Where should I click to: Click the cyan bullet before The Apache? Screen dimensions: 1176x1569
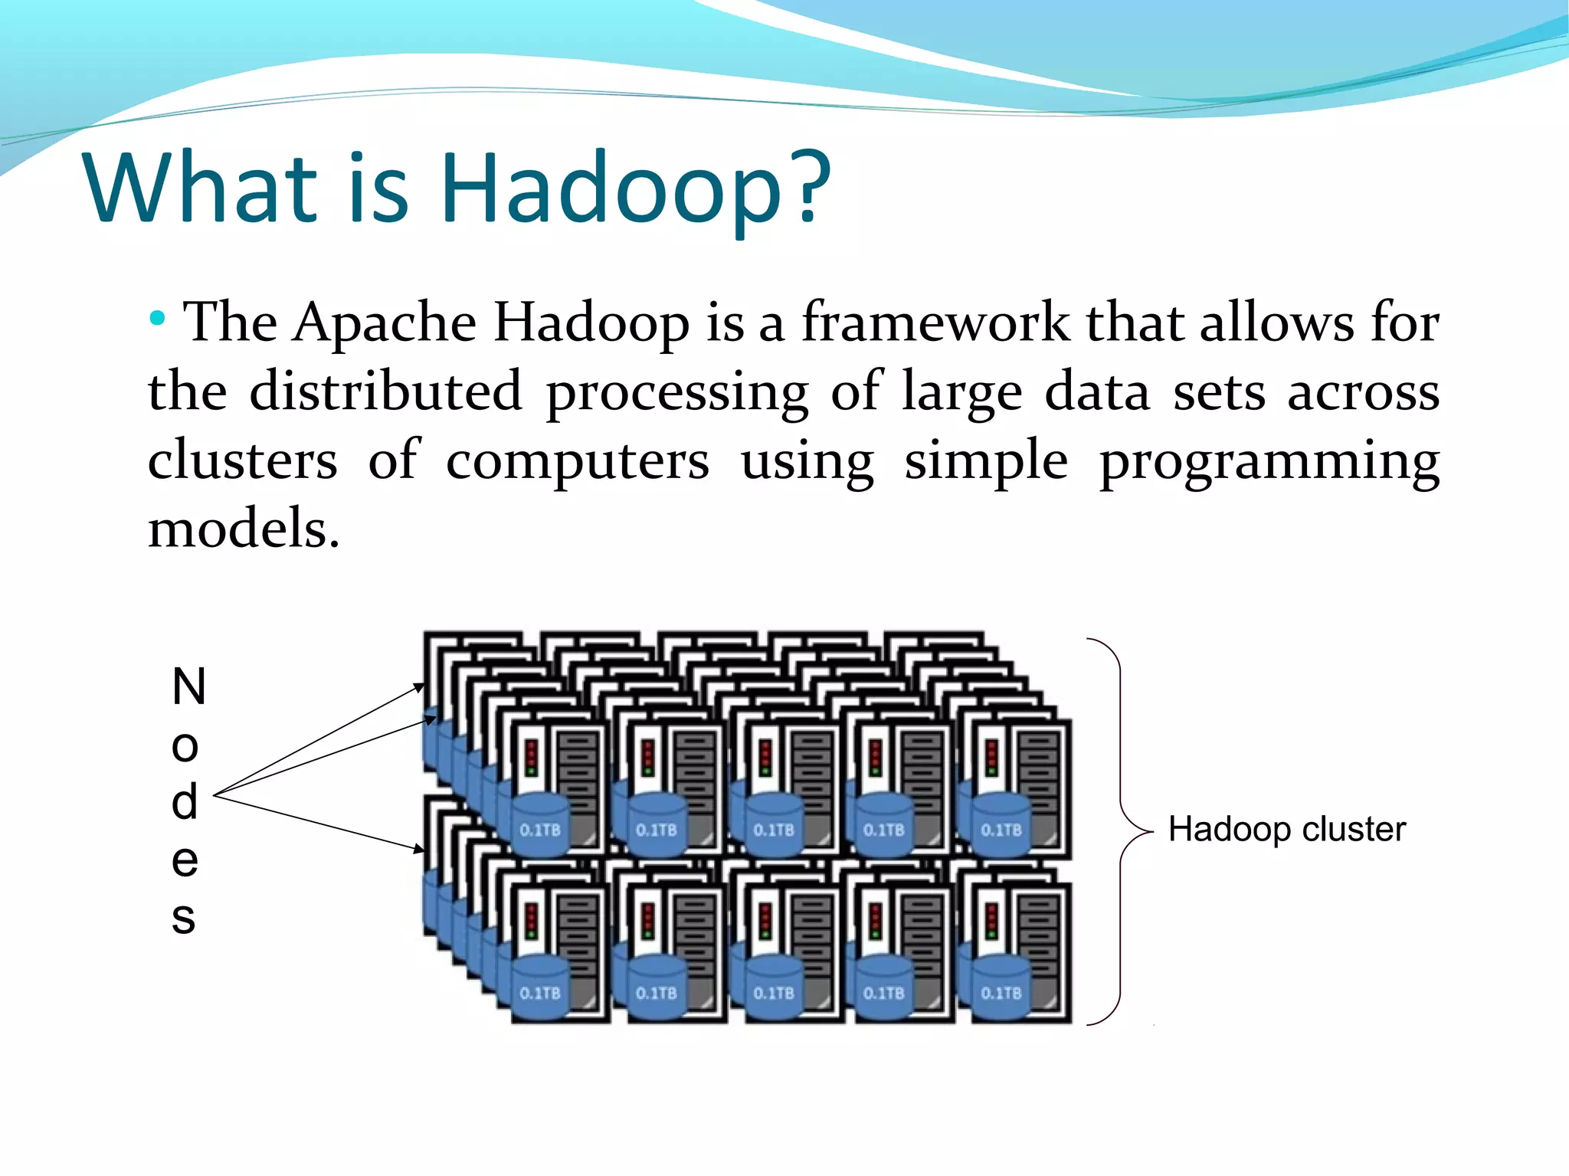coord(157,318)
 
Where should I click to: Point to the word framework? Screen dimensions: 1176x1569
coord(935,322)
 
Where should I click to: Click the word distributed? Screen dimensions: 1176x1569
coord(386,391)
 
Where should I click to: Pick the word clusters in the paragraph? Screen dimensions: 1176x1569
coord(242,460)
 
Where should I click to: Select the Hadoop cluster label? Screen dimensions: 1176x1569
coord(1287,830)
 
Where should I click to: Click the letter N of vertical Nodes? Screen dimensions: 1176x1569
coord(188,686)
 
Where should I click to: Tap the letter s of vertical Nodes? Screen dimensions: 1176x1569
coord(184,917)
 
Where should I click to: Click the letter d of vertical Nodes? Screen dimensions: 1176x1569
coord(185,802)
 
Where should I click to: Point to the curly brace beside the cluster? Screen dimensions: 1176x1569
coord(1121,831)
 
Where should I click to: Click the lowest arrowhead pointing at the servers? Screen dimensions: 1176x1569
coord(419,849)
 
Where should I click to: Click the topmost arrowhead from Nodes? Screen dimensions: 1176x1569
coord(419,686)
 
